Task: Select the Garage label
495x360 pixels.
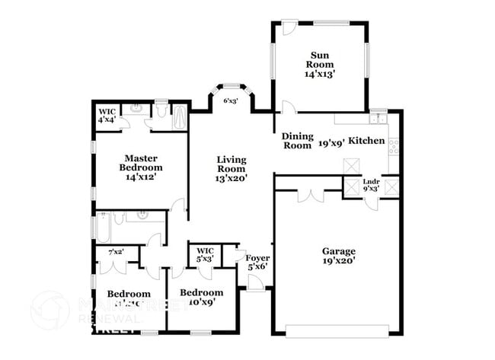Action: tap(338, 250)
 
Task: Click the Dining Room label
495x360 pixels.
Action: tap(297, 141)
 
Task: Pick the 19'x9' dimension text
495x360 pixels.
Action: tap(332, 141)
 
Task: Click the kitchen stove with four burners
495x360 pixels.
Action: tap(394, 146)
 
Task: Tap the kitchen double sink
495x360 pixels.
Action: tap(377, 119)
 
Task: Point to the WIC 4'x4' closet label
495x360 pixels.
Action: tap(107, 116)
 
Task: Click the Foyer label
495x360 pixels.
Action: tap(257, 258)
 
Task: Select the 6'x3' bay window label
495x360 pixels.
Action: tap(231, 100)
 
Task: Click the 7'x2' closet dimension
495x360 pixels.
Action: tap(117, 251)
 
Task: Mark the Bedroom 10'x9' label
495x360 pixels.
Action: tap(202, 297)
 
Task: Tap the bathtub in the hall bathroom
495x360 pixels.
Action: tap(103, 228)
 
